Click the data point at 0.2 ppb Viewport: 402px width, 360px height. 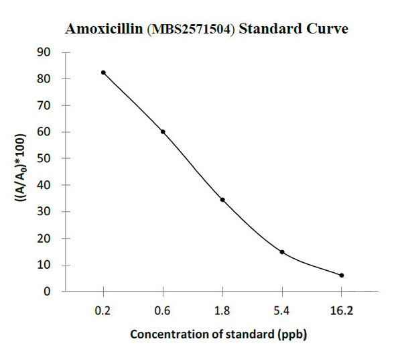point(103,72)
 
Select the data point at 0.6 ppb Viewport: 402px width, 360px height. point(163,131)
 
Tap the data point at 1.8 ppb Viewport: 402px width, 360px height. point(222,200)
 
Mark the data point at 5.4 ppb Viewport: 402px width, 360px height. point(282,252)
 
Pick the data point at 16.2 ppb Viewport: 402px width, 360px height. point(342,276)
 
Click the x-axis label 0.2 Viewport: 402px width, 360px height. point(103,310)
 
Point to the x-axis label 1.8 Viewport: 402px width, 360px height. point(222,310)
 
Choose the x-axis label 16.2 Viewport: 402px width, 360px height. point(342,310)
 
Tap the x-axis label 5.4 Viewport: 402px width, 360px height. point(282,310)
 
